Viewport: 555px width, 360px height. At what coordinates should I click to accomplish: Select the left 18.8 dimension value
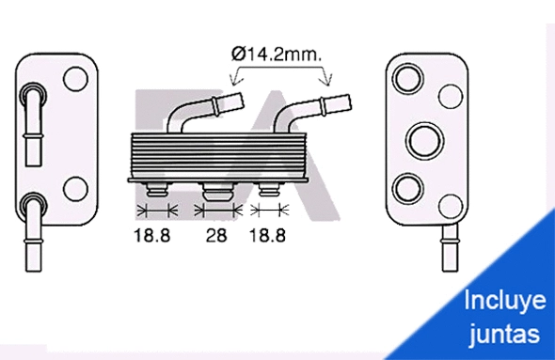point(151,236)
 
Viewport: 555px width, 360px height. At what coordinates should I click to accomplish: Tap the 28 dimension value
point(216,236)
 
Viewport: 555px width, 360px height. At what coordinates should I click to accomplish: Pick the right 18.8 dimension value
point(266,236)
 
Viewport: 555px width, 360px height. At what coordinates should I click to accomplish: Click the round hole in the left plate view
point(73,80)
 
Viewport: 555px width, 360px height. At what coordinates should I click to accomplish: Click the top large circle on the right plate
point(409,76)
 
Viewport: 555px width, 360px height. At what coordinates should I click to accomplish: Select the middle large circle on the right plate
point(425,139)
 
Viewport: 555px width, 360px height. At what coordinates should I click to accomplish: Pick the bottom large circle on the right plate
point(409,188)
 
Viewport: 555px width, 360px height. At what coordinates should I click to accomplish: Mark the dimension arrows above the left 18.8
point(156,209)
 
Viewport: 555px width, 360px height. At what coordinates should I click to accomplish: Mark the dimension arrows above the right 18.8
point(272,209)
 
